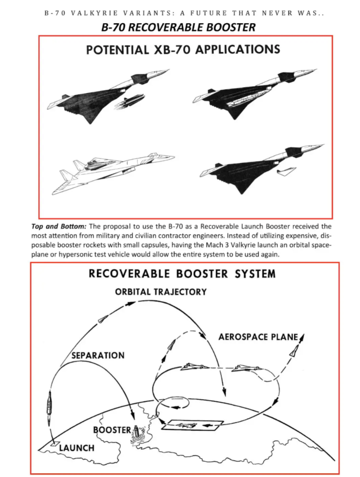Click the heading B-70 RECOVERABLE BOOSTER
pyautogui.click(x=178, y=27)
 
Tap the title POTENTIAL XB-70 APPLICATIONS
pyautogui.click(x=183, y=49)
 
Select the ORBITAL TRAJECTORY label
pyautogui.click(x=161, y=291)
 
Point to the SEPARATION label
pyautogui.click(x=98, y=355)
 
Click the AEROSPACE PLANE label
pyautogui.click(x=258, y=337)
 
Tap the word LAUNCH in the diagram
pyautogui.click(x=76, y=448)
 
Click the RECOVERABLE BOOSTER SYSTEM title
pyautogui.click(x=182, y=274)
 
